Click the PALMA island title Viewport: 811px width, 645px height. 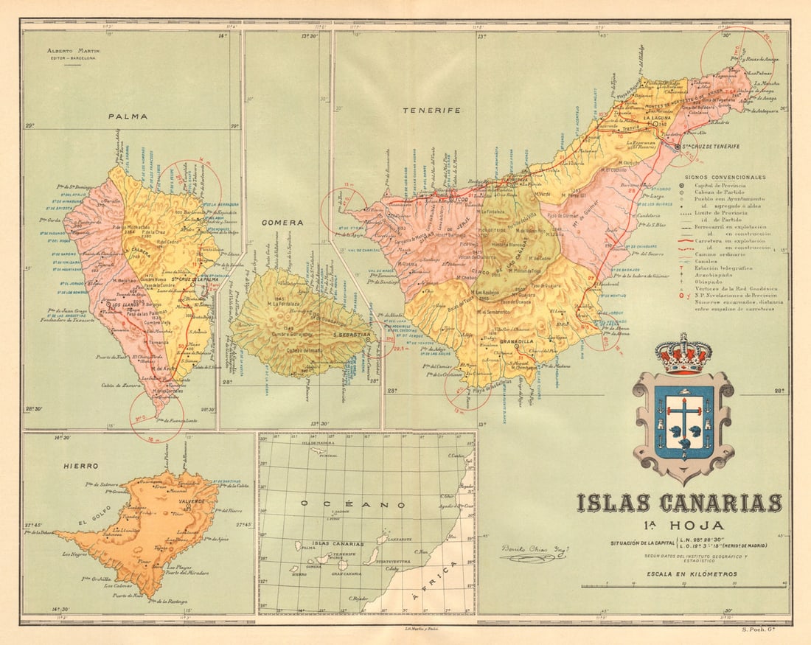[x=127, y=116]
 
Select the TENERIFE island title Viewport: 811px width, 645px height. [x=431, y=110]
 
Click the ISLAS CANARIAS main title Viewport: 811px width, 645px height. [x=679, y=503]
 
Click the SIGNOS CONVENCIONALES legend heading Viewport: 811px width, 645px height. [x=725, y=177]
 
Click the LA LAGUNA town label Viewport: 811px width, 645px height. [x=655, y=118]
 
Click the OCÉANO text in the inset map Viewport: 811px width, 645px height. [x=352, y=505]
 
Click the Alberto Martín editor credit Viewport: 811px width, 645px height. [x=73, y=53]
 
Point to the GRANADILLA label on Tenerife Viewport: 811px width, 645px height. [x=515, y=342]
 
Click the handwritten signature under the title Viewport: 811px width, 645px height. [x=529, y=553]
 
